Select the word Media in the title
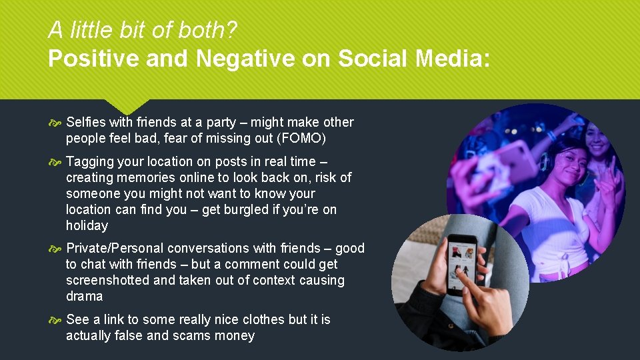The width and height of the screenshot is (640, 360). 451,59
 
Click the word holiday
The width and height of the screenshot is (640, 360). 87,225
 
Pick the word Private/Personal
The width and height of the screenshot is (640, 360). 115,248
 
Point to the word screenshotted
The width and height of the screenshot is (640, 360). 108,280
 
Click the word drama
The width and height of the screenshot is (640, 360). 85,296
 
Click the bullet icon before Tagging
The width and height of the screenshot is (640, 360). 56,162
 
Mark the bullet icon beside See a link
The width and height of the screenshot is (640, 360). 56,320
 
